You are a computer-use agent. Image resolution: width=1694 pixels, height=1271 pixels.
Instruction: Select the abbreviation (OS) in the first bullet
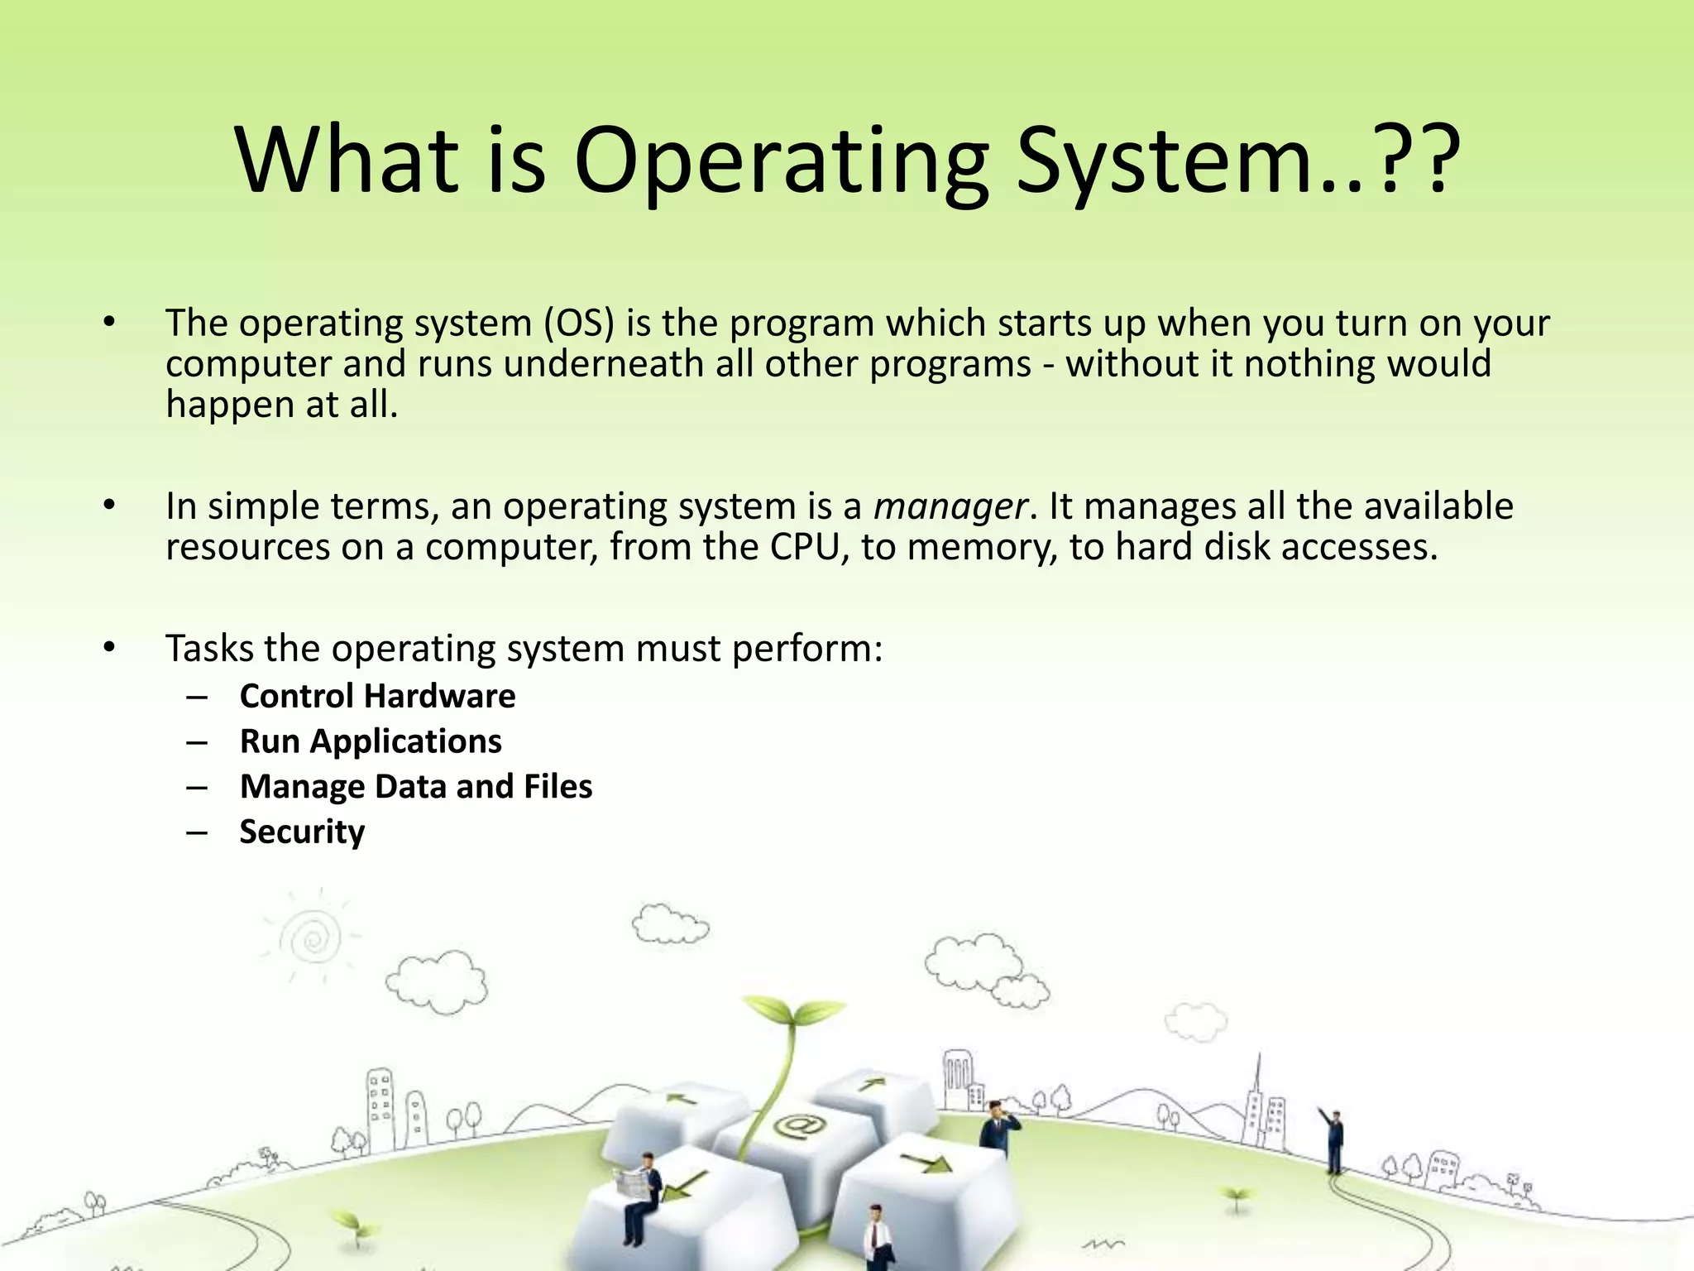(x=579, y=323)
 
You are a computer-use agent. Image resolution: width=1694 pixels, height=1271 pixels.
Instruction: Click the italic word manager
(x=950, y=506)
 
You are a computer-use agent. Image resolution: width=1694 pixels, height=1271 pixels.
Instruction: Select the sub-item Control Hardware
(x=377, y=696)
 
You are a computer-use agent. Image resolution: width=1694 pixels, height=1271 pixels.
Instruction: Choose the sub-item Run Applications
(x=371, y=741)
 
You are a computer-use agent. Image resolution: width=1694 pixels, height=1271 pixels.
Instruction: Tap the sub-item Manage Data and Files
(x=416, y=786)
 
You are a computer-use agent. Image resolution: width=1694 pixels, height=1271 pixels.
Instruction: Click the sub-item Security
(x=302, y=832)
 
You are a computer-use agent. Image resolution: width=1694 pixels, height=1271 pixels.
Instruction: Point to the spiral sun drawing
(x=311, y=938)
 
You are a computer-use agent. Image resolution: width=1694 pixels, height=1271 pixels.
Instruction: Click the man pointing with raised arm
(x=1333, y=1138)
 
